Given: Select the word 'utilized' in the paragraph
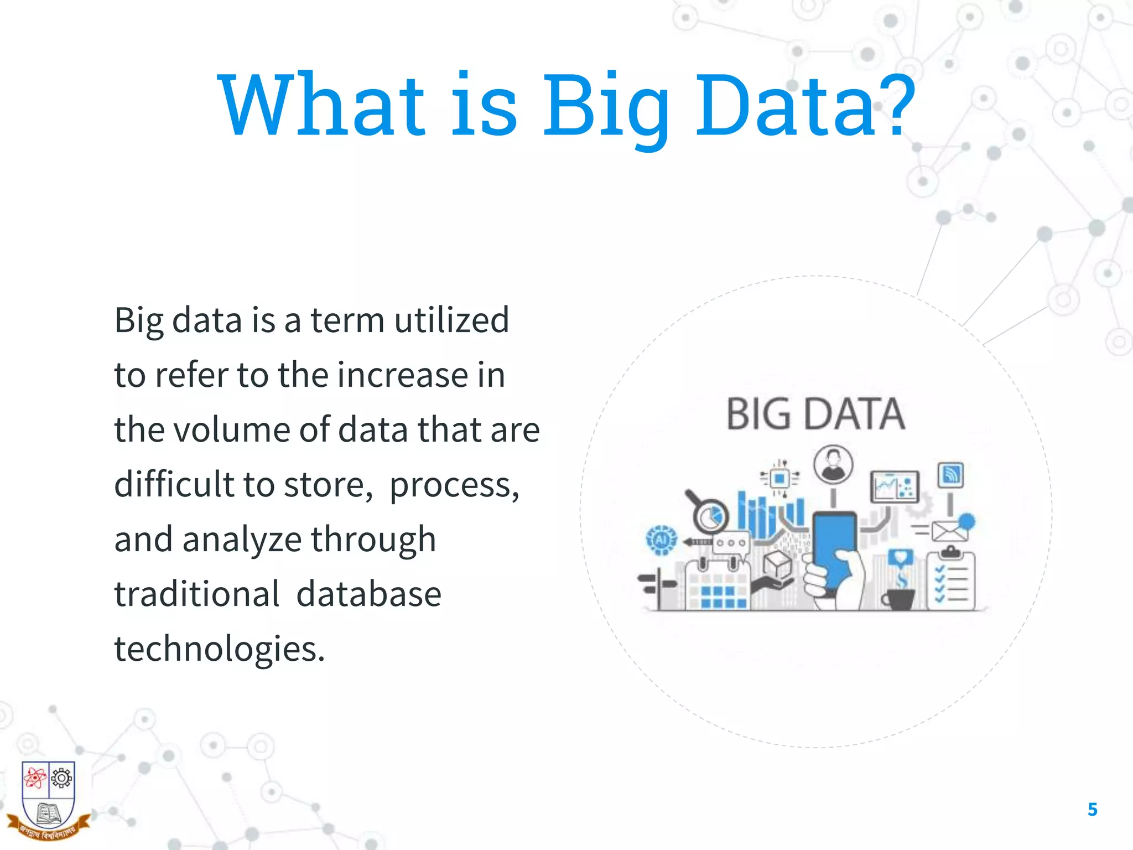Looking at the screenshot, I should [x=451, y=320].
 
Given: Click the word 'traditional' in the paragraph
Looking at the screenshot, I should [x=196, y=594].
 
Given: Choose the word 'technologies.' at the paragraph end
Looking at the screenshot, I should [x=219, y=649].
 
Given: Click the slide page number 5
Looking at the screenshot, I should [x=1092, y=810].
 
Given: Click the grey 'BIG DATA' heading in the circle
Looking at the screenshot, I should [x=815, y=414].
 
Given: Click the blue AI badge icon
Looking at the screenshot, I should [x=662, y=539].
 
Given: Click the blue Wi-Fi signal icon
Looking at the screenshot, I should [x=950, y=475].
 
